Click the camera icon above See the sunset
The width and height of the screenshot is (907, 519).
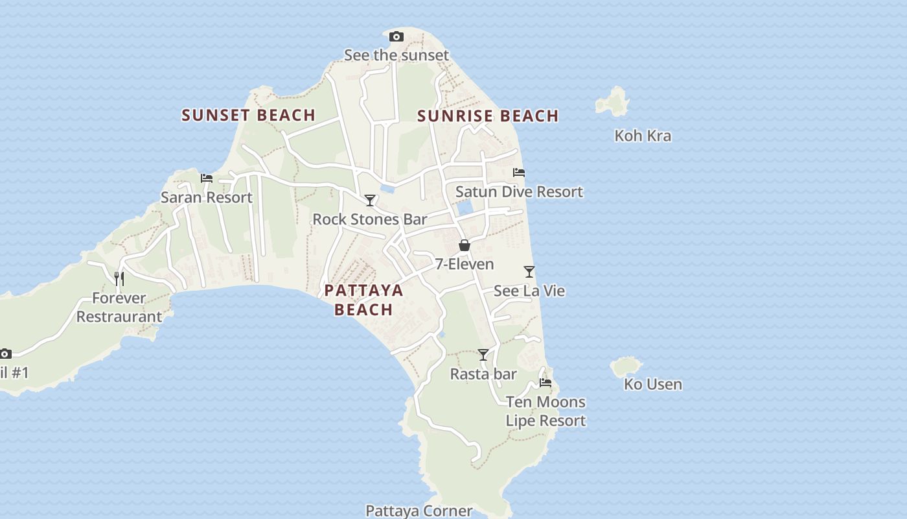point(396,37)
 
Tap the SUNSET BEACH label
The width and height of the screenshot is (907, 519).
point(248,115)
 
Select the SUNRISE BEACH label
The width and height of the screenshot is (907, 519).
point(488,116)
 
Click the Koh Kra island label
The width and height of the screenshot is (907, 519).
point(643,136)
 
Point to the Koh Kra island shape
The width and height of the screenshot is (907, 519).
point(613,101)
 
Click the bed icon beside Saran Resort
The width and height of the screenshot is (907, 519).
point(207,178)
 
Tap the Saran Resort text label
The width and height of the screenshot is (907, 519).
point(207,197)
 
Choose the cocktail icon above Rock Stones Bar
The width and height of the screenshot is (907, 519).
point(370,200)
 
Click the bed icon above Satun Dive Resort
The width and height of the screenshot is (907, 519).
point(519,173)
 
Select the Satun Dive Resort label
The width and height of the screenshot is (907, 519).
point(519,192)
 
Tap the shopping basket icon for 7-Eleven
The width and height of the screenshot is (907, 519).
point(465,245)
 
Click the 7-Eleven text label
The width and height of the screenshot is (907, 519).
point(465,264)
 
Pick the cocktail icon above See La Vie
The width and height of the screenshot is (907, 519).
point(529,272)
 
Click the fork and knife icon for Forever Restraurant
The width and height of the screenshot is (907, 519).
point(119,278)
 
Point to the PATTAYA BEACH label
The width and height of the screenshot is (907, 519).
point(363,300)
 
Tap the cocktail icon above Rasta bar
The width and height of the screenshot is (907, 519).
point(483,355)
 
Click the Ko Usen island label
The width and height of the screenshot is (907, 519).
point(653,384)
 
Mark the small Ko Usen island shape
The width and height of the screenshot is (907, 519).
point(625,366)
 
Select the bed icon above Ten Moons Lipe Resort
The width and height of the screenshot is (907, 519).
point(545,383)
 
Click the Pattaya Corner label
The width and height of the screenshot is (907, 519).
point(419,511)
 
